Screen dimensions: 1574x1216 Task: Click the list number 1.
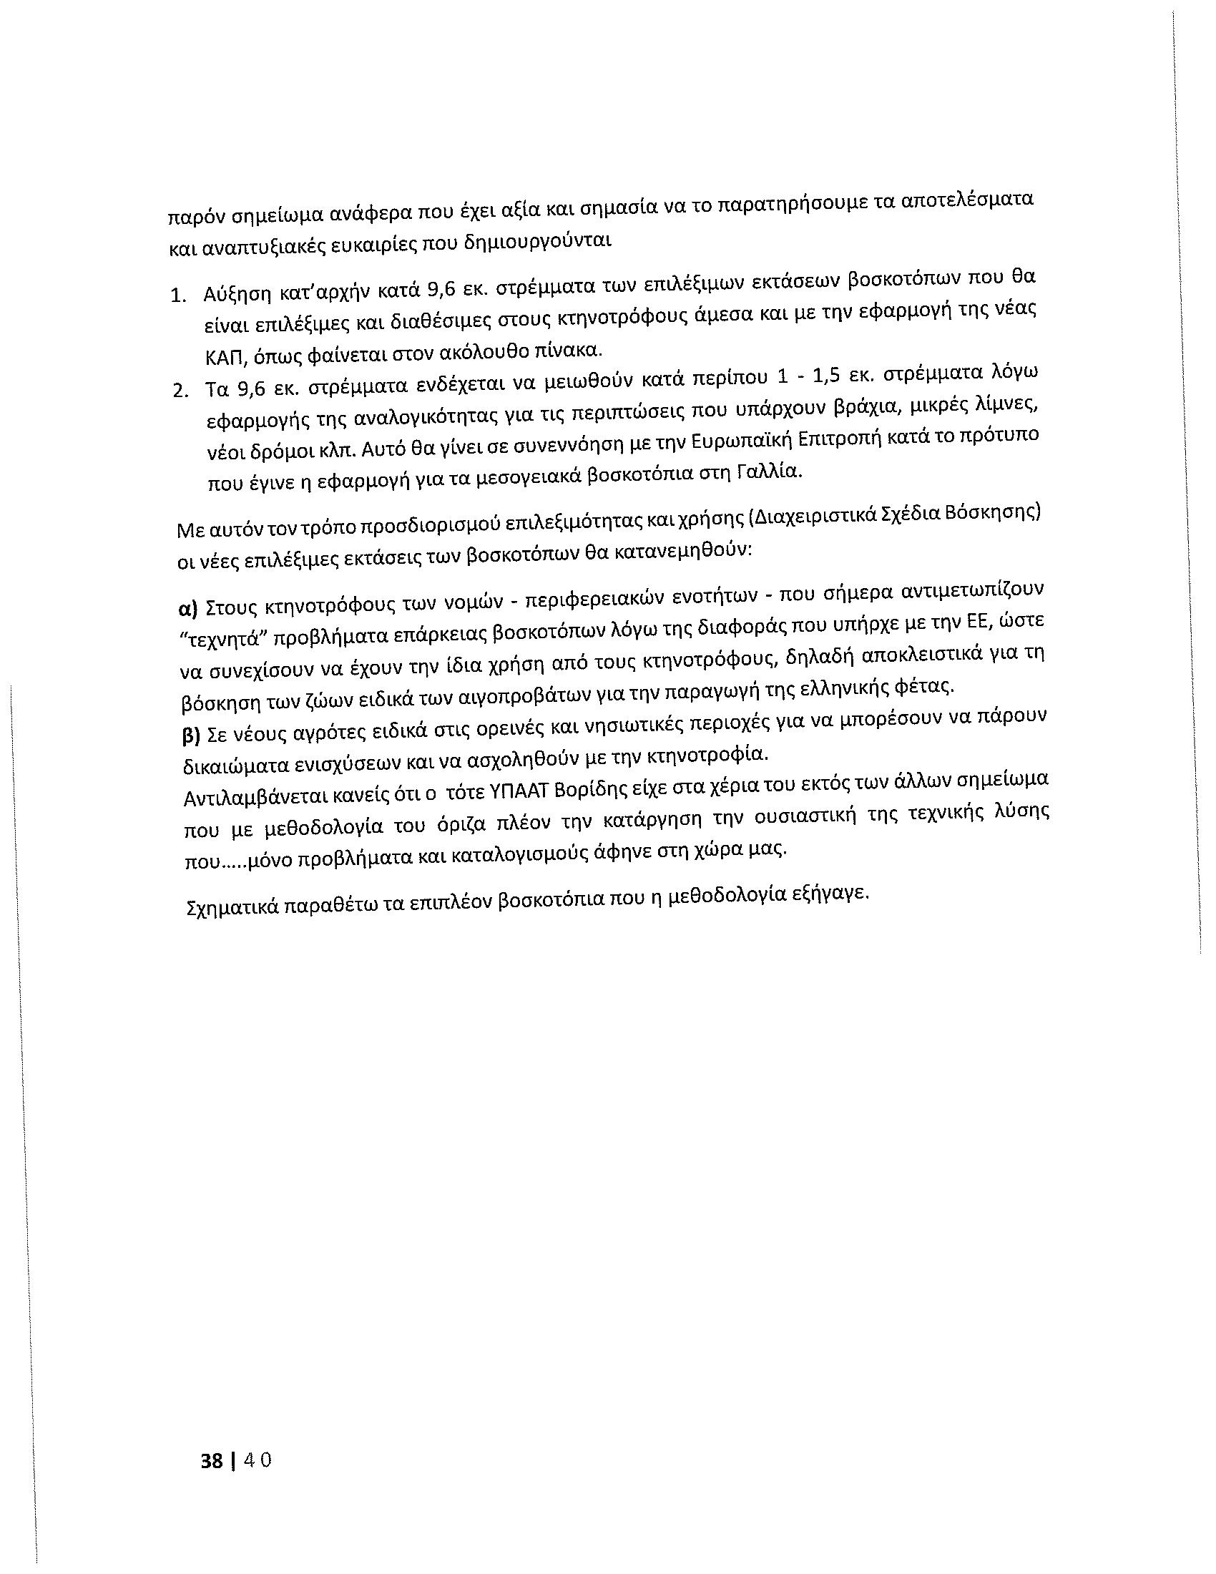pyautogui.click(x=177, y=297)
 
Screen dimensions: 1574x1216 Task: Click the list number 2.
pyautogui.click(x=180, y=391)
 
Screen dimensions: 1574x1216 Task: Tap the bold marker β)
pyautogui.click(x=190, y=736)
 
